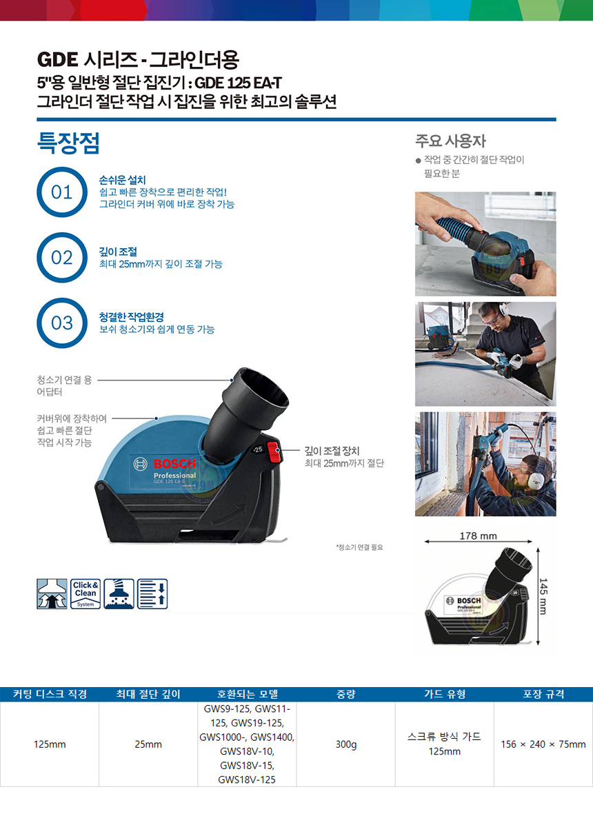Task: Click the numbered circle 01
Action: (x=62, y=192)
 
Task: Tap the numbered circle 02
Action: (x=62, y=257)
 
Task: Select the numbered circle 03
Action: (x=62, y=323)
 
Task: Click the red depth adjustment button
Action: (x=272, y=452)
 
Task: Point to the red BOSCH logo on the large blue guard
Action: (x=174, y=464)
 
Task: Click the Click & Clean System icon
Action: (x=86, y=594)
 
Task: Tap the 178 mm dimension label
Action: (x=478, y=536)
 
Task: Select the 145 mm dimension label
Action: (x=543, y=596)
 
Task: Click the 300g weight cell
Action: (x=346, y=744)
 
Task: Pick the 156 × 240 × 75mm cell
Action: (x=543, y=744)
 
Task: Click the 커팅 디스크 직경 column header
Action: (x=50, y=695)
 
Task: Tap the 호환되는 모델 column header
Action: (x=247, y=695)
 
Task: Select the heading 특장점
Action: (x=68, y=143)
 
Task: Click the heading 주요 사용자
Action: (x=450, y=141)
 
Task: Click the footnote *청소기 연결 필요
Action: (x=359, y=547)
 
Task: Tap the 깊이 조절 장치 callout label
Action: (x=332, y=451)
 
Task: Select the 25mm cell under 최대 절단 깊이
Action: (x=148, y=744)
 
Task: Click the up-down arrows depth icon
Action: (x=152, y=594)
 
